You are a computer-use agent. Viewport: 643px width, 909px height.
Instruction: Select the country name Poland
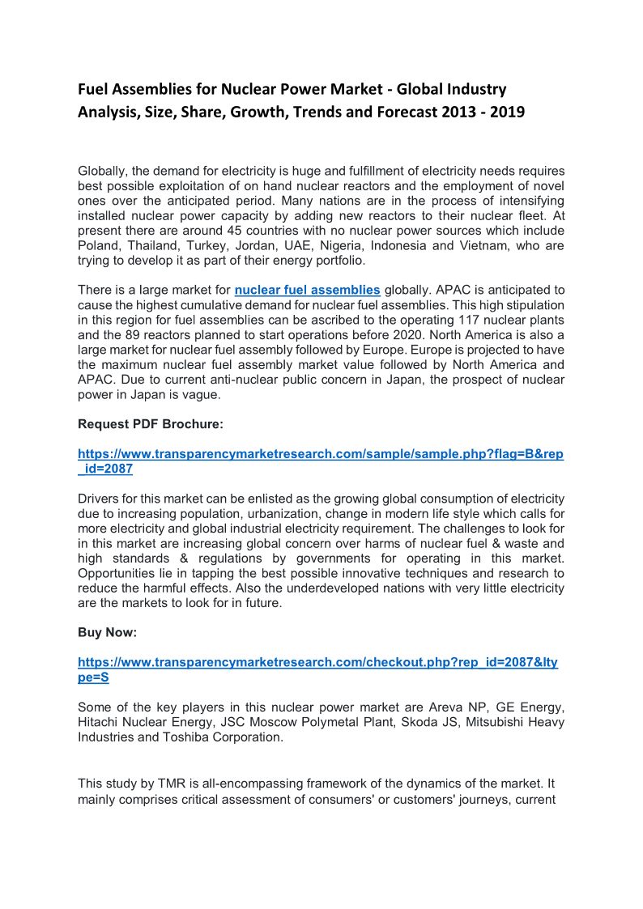[97, 245]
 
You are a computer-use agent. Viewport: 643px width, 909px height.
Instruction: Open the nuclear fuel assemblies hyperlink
[307, 290]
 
